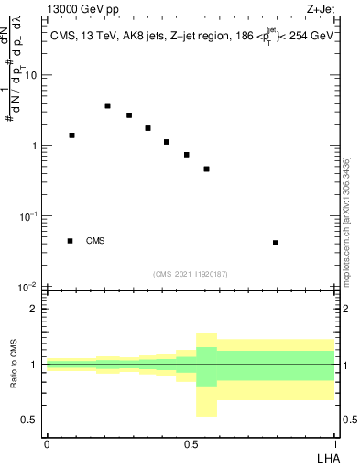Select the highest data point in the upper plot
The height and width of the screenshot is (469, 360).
[x=107, y=106]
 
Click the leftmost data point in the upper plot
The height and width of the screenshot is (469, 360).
[x=71, y=136]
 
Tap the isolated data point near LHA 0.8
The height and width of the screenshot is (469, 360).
[x=276, y=243]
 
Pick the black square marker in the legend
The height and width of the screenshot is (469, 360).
[x=70, y=241]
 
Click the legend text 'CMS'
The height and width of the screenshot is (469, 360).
[x=95, y=241]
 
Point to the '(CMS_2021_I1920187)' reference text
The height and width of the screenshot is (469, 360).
[x=190, y=274]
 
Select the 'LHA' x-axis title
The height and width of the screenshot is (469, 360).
[x=326, y=457]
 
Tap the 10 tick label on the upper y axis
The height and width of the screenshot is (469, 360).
[x=29, y=75]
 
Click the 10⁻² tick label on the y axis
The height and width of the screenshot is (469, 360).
[x=27, y=286]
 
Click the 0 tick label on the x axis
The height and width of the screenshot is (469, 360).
[x=46, y=442]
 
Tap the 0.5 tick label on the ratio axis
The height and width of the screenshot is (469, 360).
[x=30, y=420]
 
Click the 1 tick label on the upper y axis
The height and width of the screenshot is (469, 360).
[x=34, y=146]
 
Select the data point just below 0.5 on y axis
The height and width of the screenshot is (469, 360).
[x=207, y=169]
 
